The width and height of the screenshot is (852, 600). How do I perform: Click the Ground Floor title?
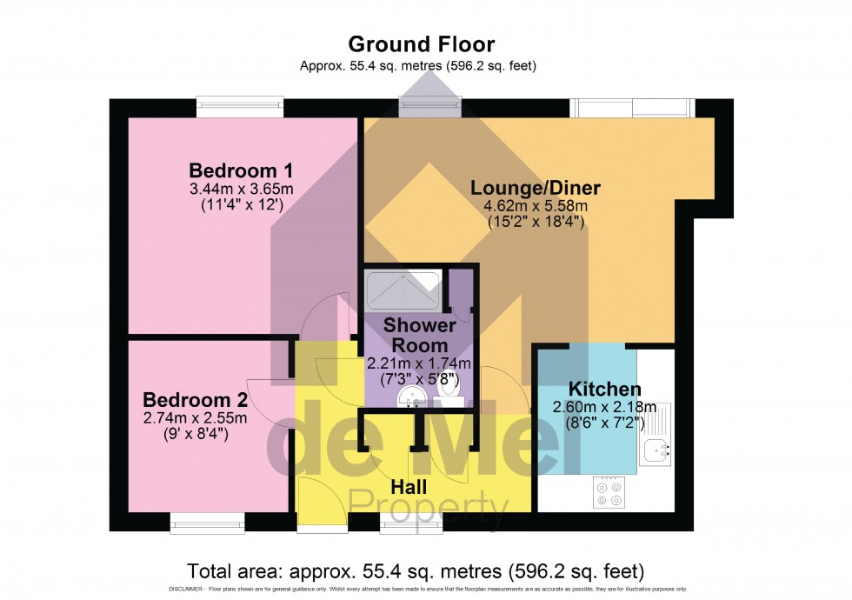[421, 43]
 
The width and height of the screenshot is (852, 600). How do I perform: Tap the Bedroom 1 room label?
[229, 170]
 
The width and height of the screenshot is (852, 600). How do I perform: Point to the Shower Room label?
[420, 335]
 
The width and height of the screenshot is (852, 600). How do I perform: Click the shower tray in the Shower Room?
[403, 290]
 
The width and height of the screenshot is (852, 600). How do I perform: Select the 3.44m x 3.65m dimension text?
[229, 189]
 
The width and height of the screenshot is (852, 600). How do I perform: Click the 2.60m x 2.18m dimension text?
[605, 407]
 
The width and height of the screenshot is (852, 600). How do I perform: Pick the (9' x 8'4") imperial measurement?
[195, 433]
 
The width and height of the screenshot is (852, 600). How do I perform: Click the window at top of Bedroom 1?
[239, 106]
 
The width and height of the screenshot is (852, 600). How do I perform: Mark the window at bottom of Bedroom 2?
[207, 523]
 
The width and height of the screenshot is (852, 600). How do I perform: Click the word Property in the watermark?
[428, 503]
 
